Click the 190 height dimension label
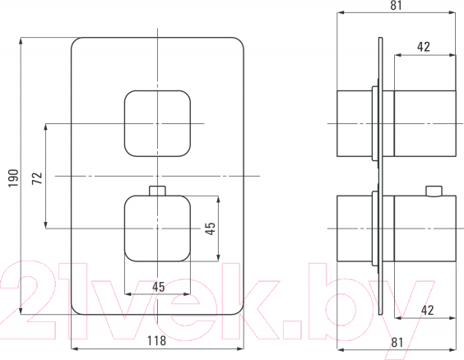tap(13, 178)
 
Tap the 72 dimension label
tap(37, 178)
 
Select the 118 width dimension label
tap(156, 340)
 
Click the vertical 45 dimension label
tap(211, 228)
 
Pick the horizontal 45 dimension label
tap(159, 287)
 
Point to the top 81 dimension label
tap(397, 5)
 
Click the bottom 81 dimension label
tap(397, 342)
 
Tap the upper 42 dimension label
tap(424, 47)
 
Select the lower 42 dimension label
tap(427, 310)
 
